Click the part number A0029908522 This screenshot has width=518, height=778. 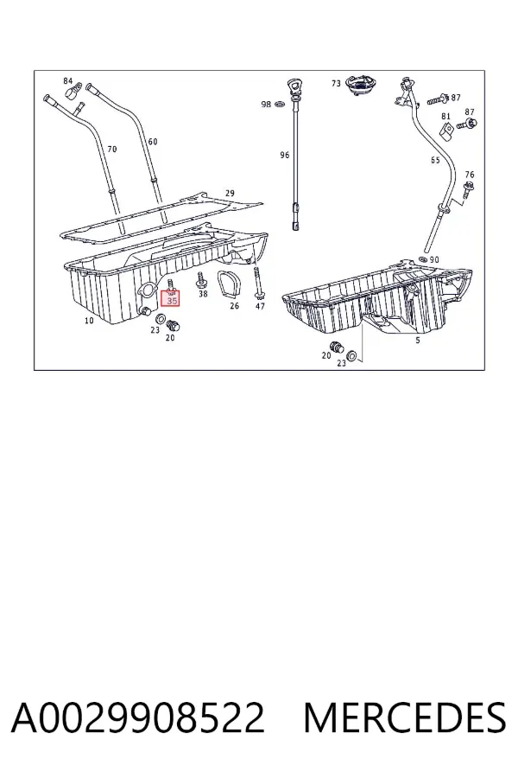pyautogui.click(x=138, y=717)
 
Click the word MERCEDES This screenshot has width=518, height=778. pyautogui.click(x=405, y=717)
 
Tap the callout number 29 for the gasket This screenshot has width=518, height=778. pyautogui.click(x=230, y=193)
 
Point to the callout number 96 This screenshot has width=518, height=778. pyautogui.click(x=285, y=156)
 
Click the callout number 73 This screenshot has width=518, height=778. pyautogui.click(x=336, y=83)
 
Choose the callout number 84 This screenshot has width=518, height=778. pyautogui.click(x=68, y=81)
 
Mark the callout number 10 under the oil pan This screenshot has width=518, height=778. pyautogui.click(x=89, y=321)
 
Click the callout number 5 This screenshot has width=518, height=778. pyautogui.click(x=418, y=340)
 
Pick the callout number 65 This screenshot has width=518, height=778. pyautogui.click(x=435, y=160)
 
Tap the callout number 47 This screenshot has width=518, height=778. pyautogui.click(x=260, y=306)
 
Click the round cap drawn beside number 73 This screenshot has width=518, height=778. pyautogui.click(x=359, y=87)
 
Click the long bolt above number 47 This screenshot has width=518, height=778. pyautogui.click(x=258, y=284)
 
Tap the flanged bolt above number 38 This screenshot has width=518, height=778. pyautogui.click(x=201, y=280)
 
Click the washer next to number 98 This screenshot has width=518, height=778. pyautogui.click(x=279, y=105)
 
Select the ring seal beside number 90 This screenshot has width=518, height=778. pyautogui.click(x=423, y=259)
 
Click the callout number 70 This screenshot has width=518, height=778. pyautogui.click(x=112, y=149)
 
